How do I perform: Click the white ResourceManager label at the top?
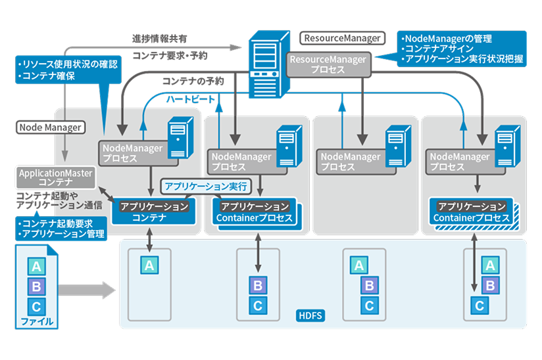(341, 37)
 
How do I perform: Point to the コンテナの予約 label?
(193, 81)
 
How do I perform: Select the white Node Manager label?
(51, 127)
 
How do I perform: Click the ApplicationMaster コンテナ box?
(56, 177)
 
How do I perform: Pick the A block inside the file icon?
(36, 266)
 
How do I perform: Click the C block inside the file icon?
(36, 305)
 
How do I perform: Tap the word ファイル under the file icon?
(36, 322)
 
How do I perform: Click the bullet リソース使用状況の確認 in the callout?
(69, 64)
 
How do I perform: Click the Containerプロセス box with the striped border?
(472, 212)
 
